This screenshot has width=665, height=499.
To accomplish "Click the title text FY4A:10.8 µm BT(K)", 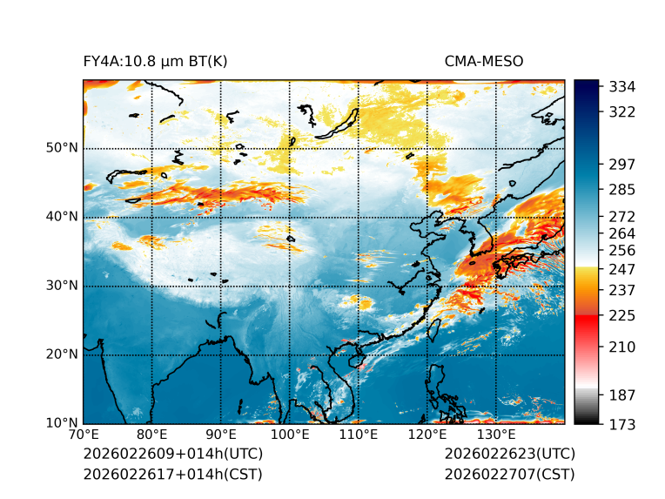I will [x=156, y=62].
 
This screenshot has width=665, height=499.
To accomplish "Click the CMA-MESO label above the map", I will [x=483, y=62].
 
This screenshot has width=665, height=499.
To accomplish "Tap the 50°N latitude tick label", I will [x=62, y=148].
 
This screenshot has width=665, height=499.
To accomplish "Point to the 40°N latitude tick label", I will [x=62, y=217].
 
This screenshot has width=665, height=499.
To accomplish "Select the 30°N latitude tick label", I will [x=62, y=286].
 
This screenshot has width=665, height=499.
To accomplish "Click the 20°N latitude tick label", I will [x=62, y=354].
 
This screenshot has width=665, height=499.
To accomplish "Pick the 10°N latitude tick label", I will [x=62, y=423].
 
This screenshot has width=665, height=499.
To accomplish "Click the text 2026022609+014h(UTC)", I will [x=172, y=455].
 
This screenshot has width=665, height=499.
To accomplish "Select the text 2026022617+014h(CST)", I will [x=172, y=475].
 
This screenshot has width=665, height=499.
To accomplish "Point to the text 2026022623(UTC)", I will [x=509, y=455].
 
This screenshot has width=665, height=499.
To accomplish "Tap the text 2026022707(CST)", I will [x=509, y=475].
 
